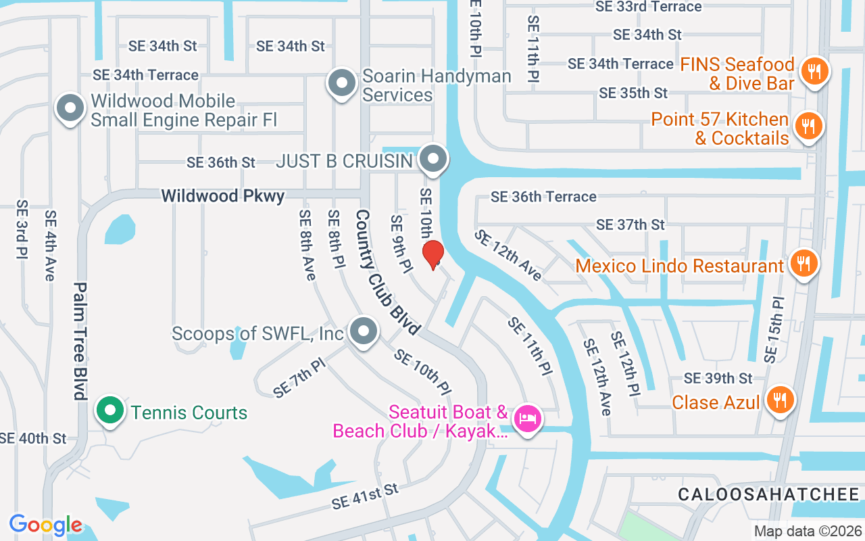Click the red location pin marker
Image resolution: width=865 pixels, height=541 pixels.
432,255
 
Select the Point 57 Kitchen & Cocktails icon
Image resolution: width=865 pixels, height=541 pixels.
808,126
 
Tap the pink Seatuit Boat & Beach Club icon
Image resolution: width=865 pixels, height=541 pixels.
527,418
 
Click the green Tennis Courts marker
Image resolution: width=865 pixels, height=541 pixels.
109,410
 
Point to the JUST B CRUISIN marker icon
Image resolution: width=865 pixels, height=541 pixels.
432,160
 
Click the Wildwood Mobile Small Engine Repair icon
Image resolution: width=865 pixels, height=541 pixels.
70,109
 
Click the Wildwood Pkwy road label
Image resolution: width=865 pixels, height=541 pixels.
222,196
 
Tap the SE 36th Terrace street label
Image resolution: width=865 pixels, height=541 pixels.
543,197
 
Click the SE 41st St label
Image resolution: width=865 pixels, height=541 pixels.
366,496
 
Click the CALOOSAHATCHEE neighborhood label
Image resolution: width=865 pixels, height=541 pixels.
768,494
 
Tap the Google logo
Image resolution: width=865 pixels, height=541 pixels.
45,525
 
